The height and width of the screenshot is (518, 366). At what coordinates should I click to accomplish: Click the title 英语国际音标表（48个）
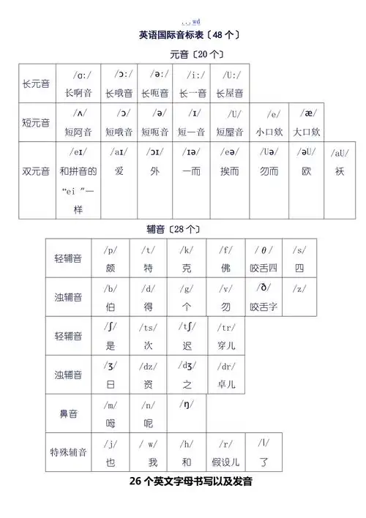click(x=188, y=34)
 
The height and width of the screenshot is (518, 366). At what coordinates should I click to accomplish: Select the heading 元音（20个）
click(x=196, y=54)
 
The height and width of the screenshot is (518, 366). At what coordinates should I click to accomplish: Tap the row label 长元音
click(x=36, y=84)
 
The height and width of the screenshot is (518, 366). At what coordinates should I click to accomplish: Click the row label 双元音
click(x=36, y=171)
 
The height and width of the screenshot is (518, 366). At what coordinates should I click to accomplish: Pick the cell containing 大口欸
click(x=307, y=123)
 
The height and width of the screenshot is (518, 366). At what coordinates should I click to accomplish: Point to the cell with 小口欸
click(x=269, y=123)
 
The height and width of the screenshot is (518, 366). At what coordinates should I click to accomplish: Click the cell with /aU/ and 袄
click(x=339, y=162)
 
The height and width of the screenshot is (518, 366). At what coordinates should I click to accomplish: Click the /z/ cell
click(x=299, y=296)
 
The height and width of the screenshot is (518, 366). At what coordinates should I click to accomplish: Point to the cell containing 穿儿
click(x=225, y=335)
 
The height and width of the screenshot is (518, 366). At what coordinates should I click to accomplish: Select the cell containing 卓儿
click(x=225, y=374)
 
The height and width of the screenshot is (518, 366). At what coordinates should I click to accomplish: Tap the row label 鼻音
click(x=68, y=413)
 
